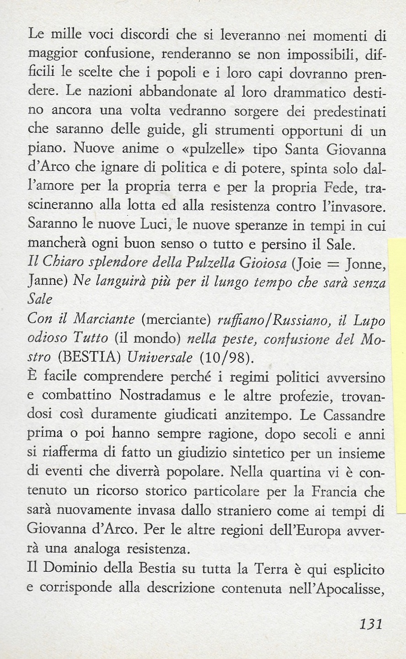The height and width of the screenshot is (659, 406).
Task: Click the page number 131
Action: pyautogui.click(x=370, y=624)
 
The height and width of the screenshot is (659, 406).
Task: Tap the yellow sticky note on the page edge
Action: pyautogui.click(x=396, y=375)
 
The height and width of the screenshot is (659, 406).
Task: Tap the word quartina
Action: pyautogui.click(x=278, y=471)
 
